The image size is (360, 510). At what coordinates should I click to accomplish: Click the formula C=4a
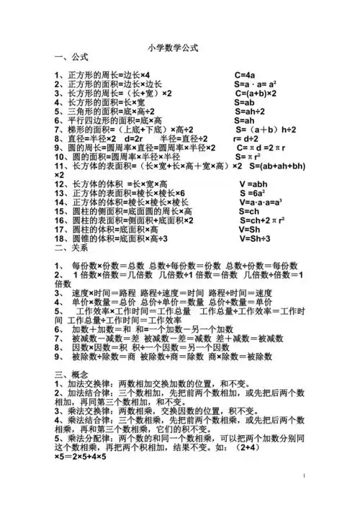[245, 75]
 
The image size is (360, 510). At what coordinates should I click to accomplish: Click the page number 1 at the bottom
[305, 477]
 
